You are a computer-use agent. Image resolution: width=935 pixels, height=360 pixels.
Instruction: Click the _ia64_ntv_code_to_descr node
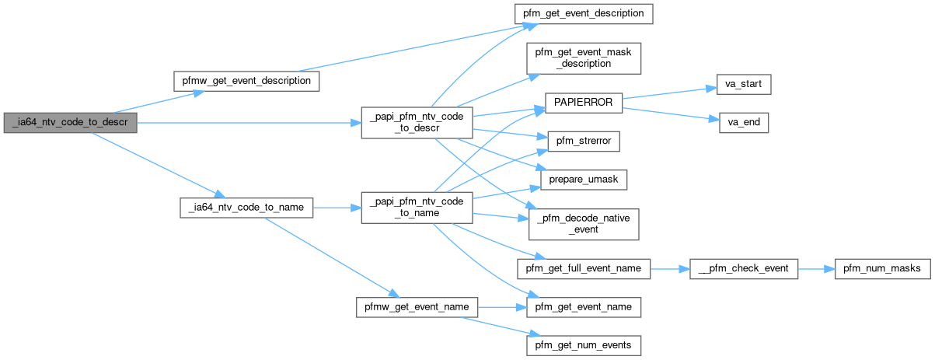70,123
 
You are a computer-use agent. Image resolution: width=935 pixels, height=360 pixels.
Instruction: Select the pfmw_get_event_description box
246,80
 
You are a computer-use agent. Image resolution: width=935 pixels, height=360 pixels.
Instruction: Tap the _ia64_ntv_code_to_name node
246,208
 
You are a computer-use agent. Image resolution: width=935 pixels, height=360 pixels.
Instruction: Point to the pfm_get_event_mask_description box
584,58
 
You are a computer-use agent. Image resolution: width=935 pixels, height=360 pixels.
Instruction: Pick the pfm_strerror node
584,142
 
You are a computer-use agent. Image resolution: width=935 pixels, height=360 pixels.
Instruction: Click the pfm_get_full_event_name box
584,268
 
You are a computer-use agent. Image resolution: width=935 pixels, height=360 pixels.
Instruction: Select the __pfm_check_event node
744,268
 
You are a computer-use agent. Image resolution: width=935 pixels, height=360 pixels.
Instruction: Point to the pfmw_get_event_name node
416,306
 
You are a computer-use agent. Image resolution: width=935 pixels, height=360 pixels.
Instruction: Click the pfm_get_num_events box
584,344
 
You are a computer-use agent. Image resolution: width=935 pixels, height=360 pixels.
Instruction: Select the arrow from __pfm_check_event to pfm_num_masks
815,268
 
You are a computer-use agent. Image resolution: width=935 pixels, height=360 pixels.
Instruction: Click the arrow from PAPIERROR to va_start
665,92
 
